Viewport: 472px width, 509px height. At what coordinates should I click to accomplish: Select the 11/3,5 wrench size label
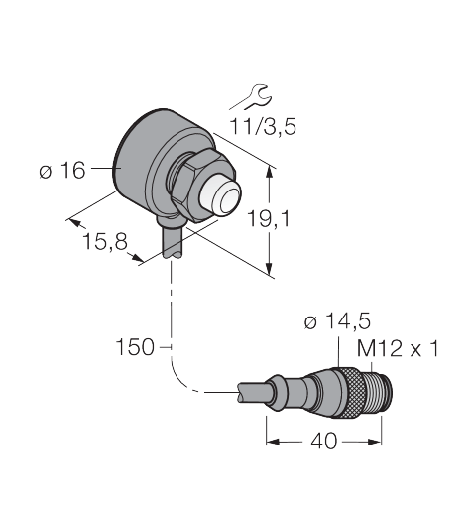[263, 126]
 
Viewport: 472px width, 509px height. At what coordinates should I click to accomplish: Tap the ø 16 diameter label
[62, 171]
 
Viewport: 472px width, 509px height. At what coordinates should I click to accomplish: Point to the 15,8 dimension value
[105, 241]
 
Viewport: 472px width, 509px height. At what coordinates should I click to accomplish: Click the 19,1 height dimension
[268, 218]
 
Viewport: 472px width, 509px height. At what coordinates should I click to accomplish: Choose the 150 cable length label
[135, 347]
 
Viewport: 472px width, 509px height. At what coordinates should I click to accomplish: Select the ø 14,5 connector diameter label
[337, 321]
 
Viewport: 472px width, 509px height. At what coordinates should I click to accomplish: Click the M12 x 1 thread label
[398, 348]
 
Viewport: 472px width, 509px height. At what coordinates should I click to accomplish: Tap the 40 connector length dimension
[324, 441]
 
